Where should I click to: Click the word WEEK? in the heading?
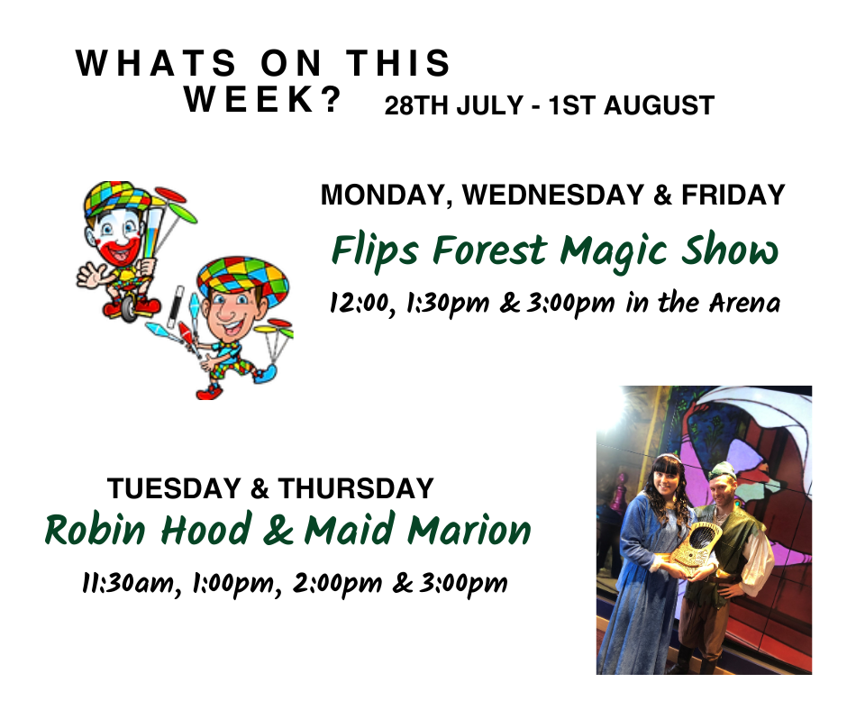click(263, 99)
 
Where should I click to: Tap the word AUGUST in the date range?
click(659, 105)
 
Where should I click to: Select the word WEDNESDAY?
click(552, 195)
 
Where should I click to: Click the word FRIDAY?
click(733, 195)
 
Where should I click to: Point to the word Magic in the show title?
click(615, 252)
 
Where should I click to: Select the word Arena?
click(744, 303)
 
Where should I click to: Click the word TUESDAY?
click(173, 488)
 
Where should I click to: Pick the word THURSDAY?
click(356, 488)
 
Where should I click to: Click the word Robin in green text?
click(96, 530)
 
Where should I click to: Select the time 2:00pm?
click(336, 584)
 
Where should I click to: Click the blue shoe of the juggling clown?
click(265, 373)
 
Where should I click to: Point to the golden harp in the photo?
click(690, 549)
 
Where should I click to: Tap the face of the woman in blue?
click(663, 482)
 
